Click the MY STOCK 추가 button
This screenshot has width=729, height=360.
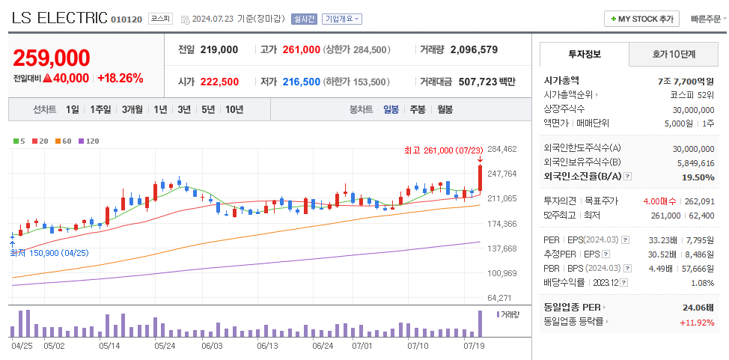coord(641,19)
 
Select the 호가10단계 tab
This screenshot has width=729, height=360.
coord(673,54)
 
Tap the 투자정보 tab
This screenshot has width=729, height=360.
coord(584,54)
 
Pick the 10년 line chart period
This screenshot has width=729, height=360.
coord(234,109)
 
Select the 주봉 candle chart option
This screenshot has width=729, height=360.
coord(417,109)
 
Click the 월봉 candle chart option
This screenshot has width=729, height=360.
coord(445,109)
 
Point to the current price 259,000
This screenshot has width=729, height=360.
coord(52,58)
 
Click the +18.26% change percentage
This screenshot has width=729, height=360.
coord(120,78)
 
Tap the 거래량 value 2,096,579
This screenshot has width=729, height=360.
coord(484,49)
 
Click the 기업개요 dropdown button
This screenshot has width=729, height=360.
coord(341,19)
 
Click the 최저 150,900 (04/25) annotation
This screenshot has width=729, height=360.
coord(49,253)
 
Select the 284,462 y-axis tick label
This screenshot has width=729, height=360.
coord(501,149)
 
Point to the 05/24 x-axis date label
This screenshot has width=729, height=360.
coord(164,346)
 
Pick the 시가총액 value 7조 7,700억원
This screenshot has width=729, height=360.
coord(685,81)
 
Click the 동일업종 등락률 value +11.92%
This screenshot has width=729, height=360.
coord(696,323)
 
